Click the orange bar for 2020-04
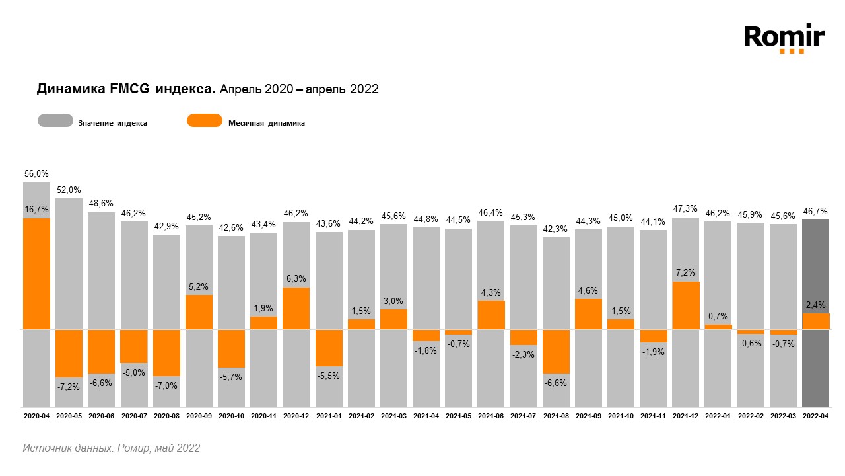(37, 273)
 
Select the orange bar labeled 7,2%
(686, 305)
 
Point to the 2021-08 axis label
(556, 416)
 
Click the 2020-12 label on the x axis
(296, 416)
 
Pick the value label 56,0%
(36, 173)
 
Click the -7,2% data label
(69, 387)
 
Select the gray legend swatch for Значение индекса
(55, 121)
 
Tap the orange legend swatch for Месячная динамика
(205, 121)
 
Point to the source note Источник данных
(111, 448)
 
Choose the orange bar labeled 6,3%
(296, 308)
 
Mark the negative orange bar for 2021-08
(556, 351)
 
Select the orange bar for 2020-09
(199, 311)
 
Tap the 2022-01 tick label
(718, 416)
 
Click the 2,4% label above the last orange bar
(815, 305)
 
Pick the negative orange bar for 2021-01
(329, 348)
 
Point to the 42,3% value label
(556, 229)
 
